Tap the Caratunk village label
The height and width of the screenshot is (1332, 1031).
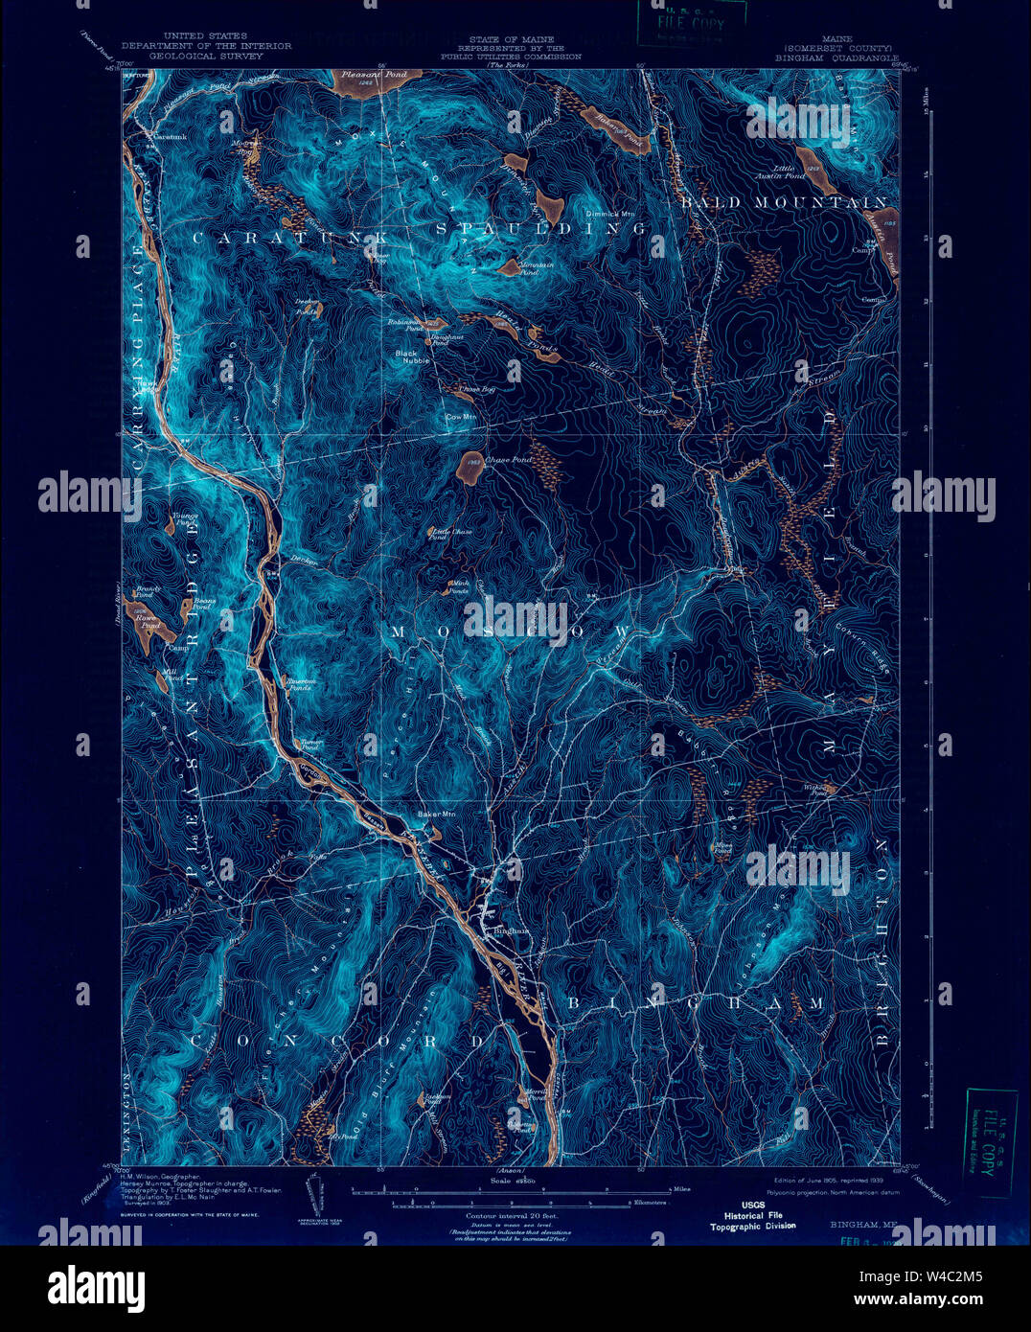(x=166, y=137)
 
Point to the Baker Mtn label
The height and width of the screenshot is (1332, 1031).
(x=436, y=815)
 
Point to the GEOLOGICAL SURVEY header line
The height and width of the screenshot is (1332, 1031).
(x=205, y=57)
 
